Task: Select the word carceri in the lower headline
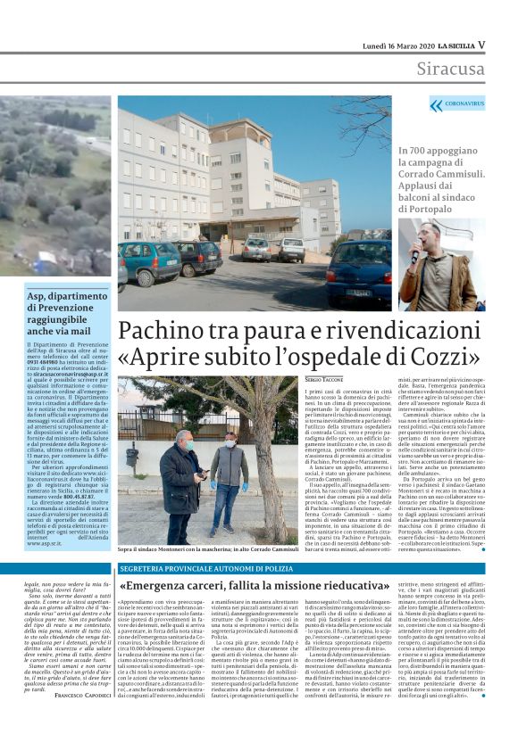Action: click(211, 586)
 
